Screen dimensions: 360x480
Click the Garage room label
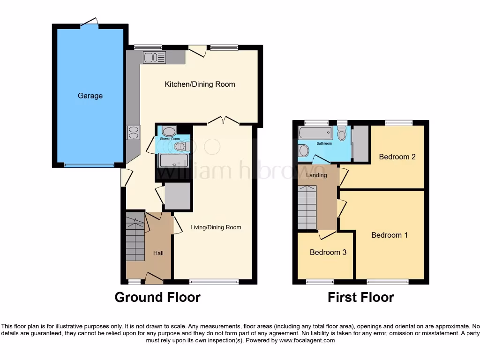pyautogui.click(x=90, y=96)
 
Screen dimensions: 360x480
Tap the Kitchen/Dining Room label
pyautogui.click(x=200, y=84)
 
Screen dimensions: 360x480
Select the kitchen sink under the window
pyautogui.click(x=154, y=57)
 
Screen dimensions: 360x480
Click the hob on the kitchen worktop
pyautogui.click(x=132, y=132)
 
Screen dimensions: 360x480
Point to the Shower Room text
pyautogui.click(x=169, y=139)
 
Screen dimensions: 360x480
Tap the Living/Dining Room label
pyautogui.click(x=216, y=227)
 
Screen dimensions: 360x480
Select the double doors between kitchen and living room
pyautogui.click(x=224, y=121)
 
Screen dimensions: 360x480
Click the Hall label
pyautogui.click(x=158, y=253)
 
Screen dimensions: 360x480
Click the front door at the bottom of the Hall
pyautogui.click(x=153, y=279)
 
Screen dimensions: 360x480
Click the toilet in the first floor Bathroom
pyautogui.click(x=342, y=134)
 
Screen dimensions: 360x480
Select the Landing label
pyautogui.click(x=316, y=175)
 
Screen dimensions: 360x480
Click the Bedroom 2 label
pyautogui.click(x=397, y=157)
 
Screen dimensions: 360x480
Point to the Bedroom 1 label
pyautogui.click(x=389, y=235)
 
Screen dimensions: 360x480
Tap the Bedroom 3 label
pyautogui.click(x=328, y=252)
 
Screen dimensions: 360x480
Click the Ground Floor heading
pyautogui.click(x=157, y=297)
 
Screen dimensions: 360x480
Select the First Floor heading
pyautogui.click(x=360, y=297)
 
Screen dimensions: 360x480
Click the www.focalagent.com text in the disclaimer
pyautogui.click(x=307, y=340)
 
